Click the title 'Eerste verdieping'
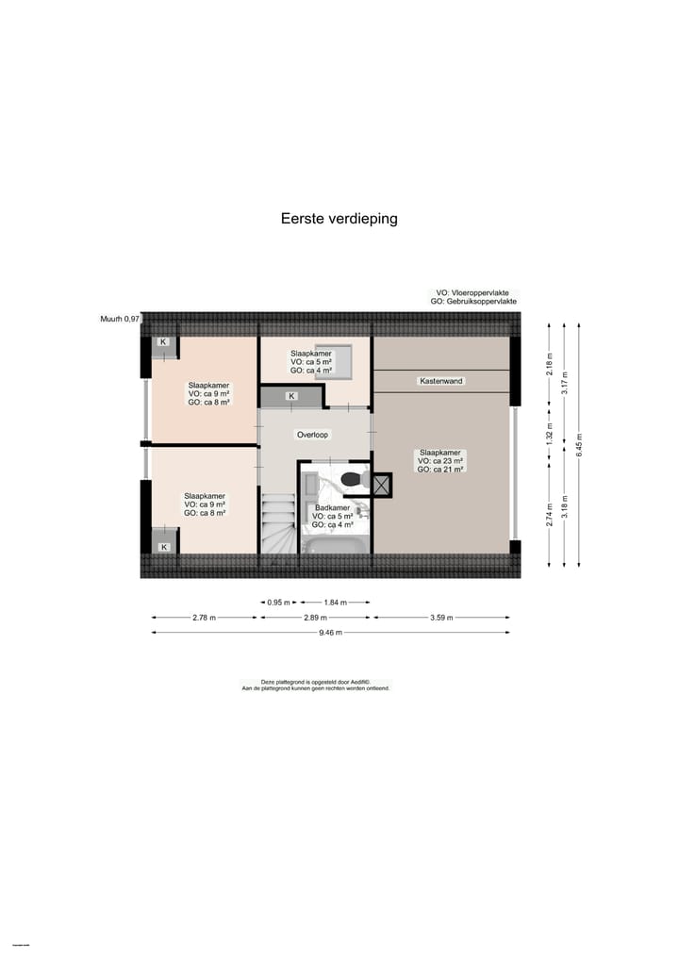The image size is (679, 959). click(339, 219)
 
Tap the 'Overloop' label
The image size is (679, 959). click(312, 436)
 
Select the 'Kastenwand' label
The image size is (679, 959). click(441, 381)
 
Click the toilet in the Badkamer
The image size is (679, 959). click(353, 479)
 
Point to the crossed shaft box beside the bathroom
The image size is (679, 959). click(382, 485)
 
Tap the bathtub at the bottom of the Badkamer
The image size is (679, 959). click(333, 545)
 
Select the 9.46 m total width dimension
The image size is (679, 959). click(331, 633)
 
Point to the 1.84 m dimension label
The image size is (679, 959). click(335, 602)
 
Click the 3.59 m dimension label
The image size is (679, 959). click(441, 618)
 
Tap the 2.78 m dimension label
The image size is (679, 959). click(204, 618)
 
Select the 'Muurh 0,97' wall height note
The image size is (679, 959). click(120, 320)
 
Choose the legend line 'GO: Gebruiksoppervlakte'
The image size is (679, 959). click(473, 302)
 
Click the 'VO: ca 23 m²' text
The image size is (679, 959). click(441, 460)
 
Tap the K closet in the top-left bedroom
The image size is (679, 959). click(163, 341)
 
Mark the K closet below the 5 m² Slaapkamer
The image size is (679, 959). click(291, 396)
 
